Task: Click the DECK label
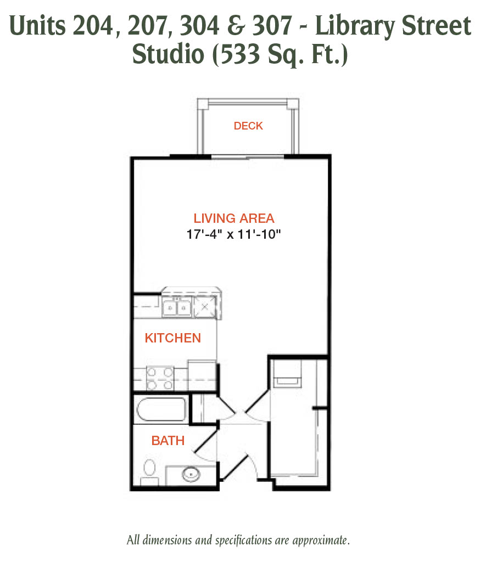[x=248, y=126]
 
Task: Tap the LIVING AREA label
[x=234, y=218]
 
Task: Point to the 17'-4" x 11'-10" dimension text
[x=233, y=234]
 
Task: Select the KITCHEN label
[x=173, y=338]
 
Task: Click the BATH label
[x=168, y=441]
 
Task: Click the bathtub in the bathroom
[x=161, y=409]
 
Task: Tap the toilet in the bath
[x=149, y=473]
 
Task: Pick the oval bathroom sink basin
[x=191, y=475]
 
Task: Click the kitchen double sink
[x=177, y=307]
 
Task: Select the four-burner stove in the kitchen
[x=160, y=379]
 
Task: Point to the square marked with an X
[x=205, y=307]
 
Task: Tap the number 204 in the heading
[x=93, y=26]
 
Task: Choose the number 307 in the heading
[x=272, y=26]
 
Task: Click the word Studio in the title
[x=168, y=54]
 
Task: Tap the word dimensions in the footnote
[x=167, y=539]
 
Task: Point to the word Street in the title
[x=436, y=26]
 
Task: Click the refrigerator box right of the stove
[x=202, y=375]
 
